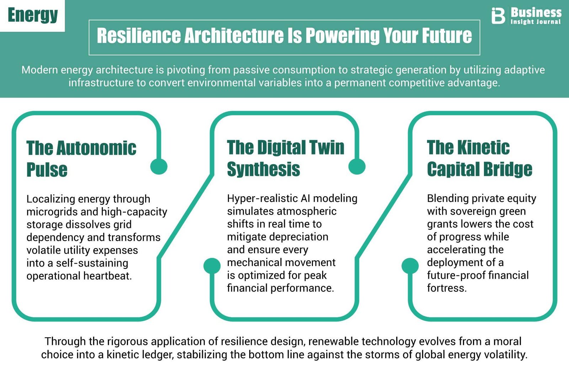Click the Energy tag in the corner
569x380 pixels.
pos(33,15)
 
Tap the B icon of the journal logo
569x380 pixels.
pos(498,16)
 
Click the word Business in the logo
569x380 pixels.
pos(536,12)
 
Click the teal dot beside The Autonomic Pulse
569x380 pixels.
pos(159,166)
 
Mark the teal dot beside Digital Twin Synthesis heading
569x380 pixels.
pos(357,166)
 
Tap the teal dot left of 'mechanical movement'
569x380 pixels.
pos(212,266)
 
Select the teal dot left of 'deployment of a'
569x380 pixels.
pos(410,266)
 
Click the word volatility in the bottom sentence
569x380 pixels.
pos(505,355)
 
